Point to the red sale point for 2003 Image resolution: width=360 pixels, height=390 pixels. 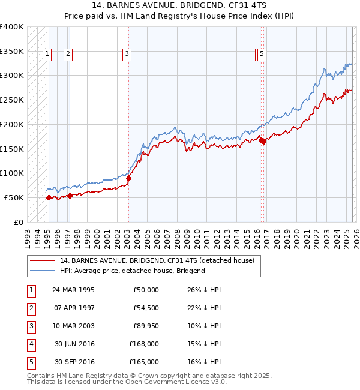(128, 178)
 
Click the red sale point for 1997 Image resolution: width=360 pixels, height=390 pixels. (70, 195)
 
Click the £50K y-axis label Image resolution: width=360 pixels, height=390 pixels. (14, 197)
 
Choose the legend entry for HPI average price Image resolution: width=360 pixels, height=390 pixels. (132, 271)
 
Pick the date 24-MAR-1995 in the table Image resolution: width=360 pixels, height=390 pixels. (73, 290)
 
